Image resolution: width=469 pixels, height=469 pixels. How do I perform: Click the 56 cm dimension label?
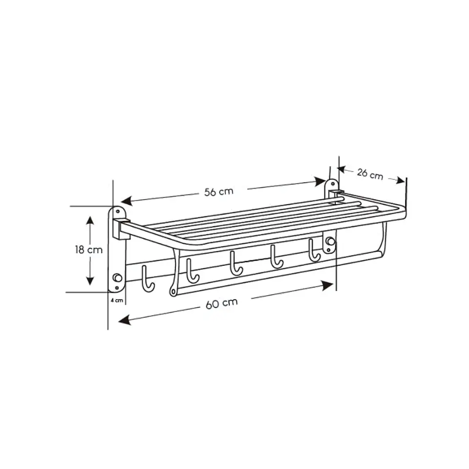[219, 192]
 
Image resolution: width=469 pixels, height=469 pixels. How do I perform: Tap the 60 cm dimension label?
[222, 303]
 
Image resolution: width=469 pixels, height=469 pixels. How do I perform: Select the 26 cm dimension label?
[370, 174]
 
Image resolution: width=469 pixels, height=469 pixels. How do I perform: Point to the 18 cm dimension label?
[88, 250]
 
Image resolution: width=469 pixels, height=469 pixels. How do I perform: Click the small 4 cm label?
[117, 300]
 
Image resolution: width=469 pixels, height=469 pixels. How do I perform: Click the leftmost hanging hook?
[148, 279]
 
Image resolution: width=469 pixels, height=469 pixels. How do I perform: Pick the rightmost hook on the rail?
[314, 251]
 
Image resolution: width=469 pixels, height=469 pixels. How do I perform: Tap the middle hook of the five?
[235, 264]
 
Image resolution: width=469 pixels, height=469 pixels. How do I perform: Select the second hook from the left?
[192, 272]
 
